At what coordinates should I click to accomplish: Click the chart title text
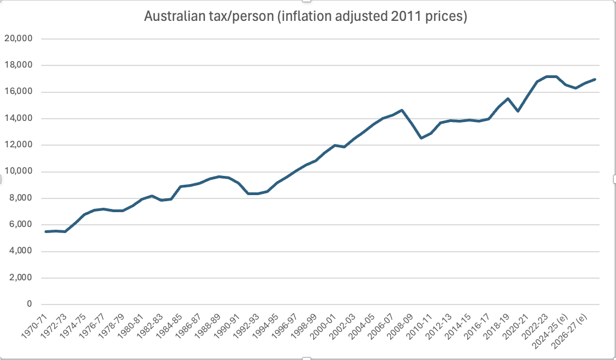pos(305,17)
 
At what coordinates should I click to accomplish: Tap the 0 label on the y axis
pos(30,304)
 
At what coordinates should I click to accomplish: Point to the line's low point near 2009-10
pos(421,138)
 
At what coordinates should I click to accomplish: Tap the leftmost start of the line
pos(46,231)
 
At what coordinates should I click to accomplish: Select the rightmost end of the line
pos(596,79)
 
